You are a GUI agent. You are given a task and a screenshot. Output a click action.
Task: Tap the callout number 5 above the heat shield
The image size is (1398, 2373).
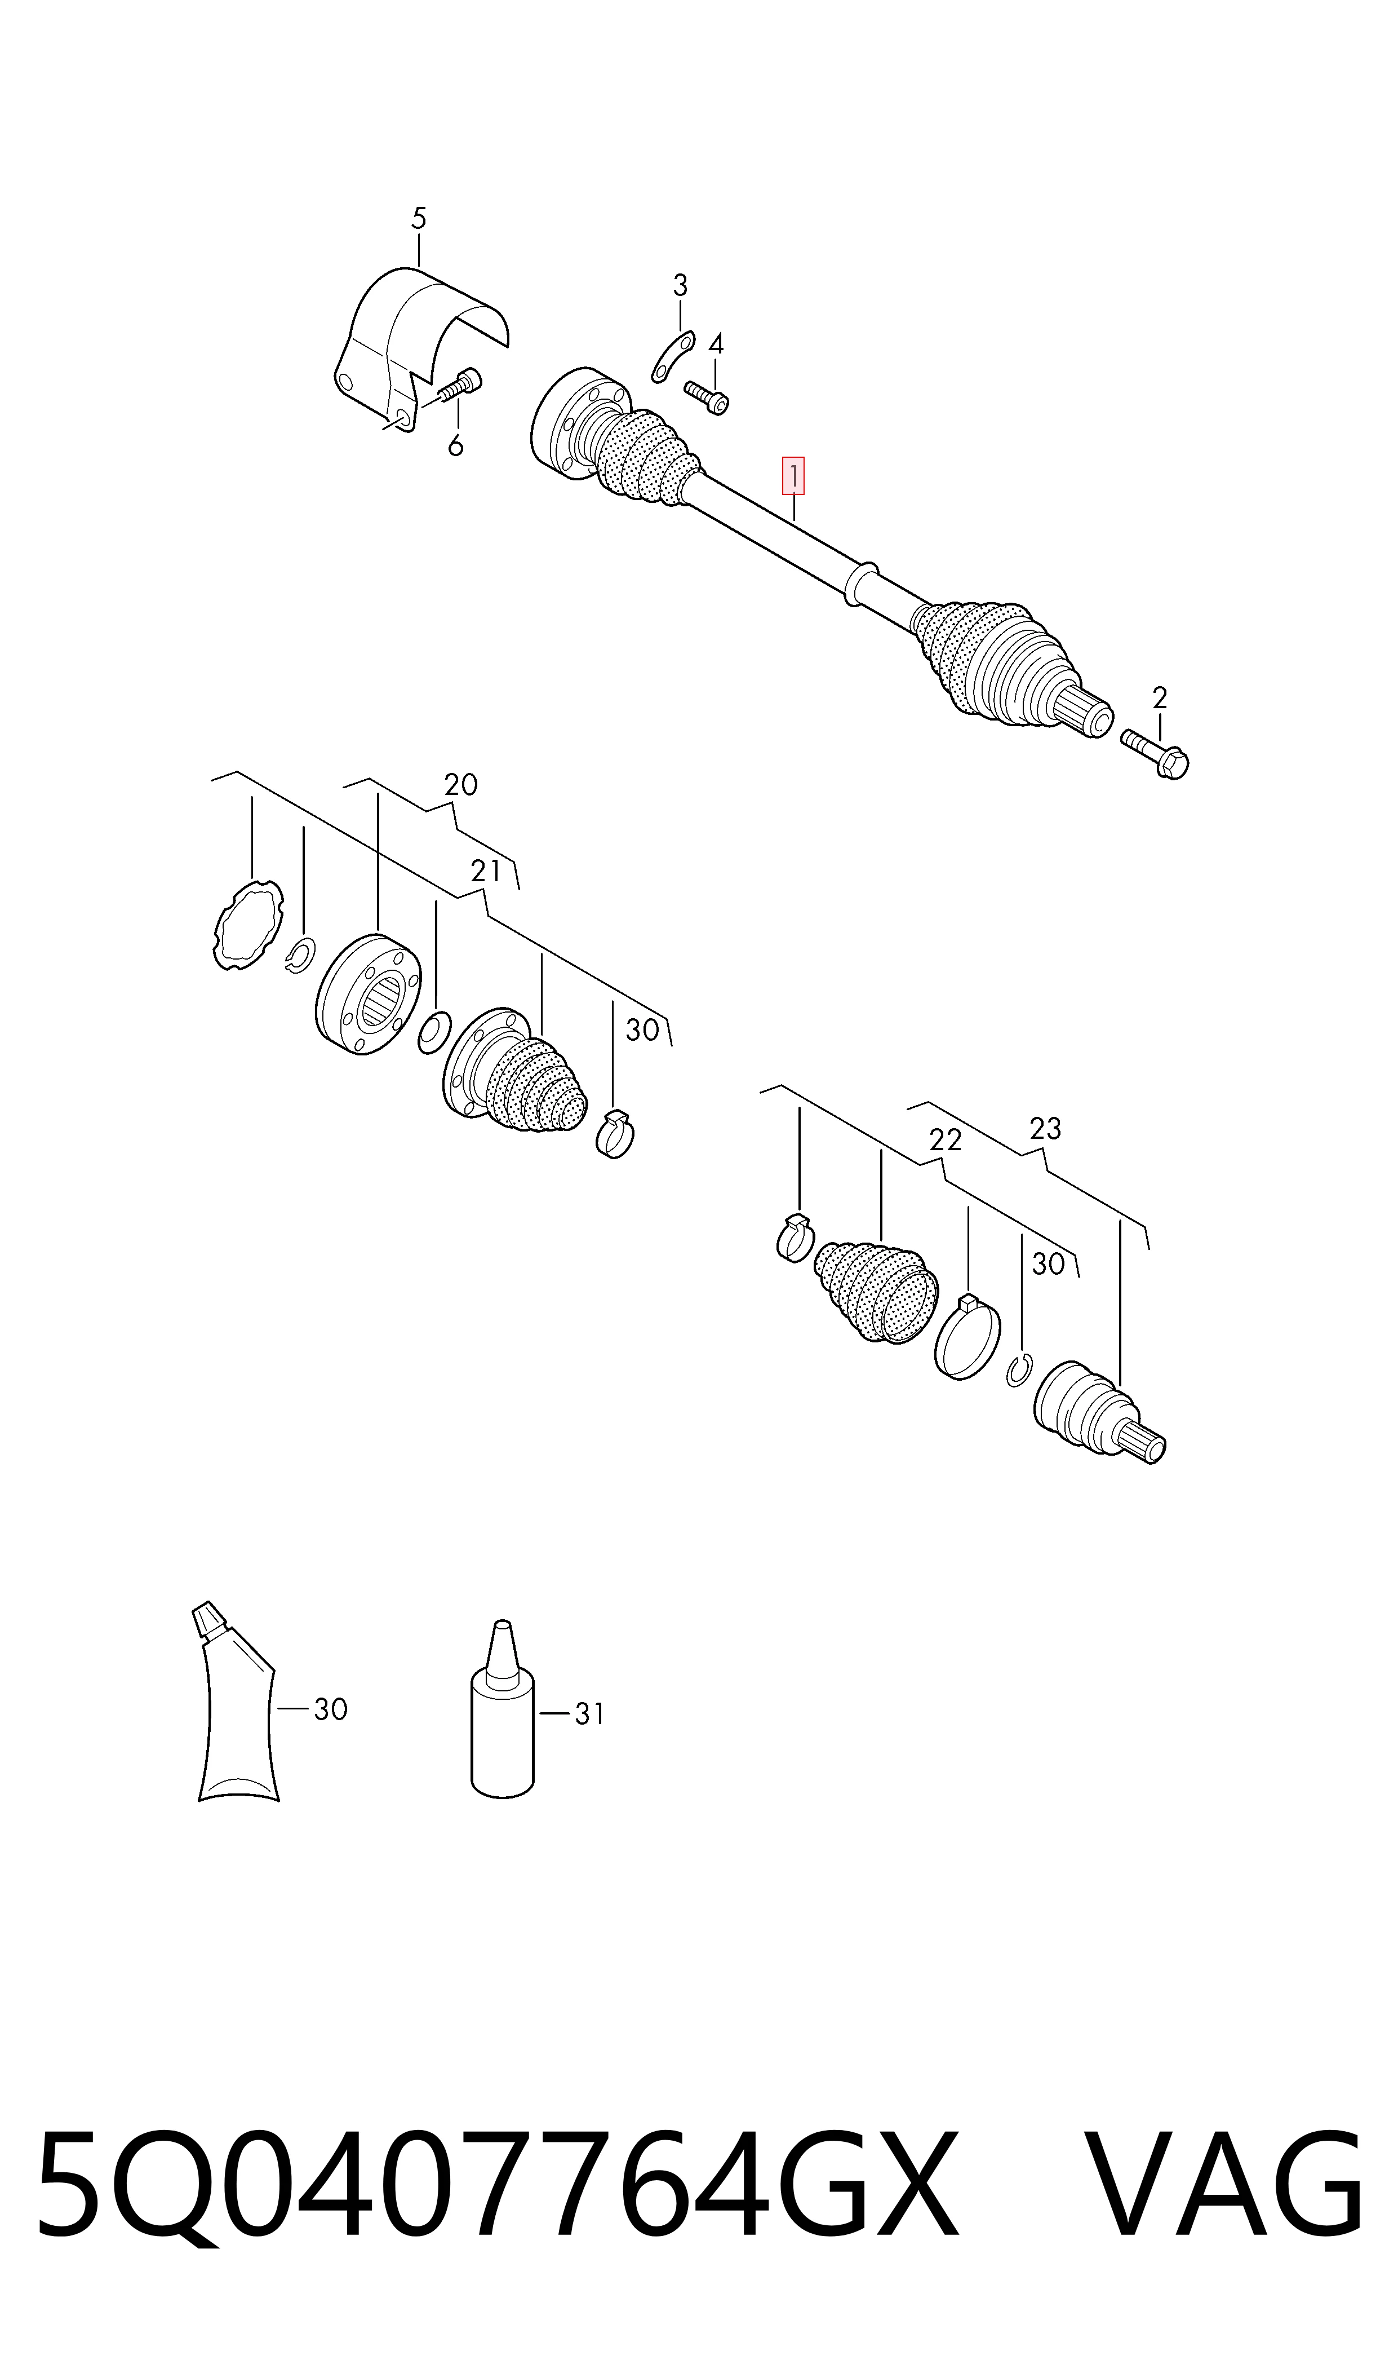[x=419, y=219]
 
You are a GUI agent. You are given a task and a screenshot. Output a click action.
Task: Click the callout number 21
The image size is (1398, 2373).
[x=486, y=872]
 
